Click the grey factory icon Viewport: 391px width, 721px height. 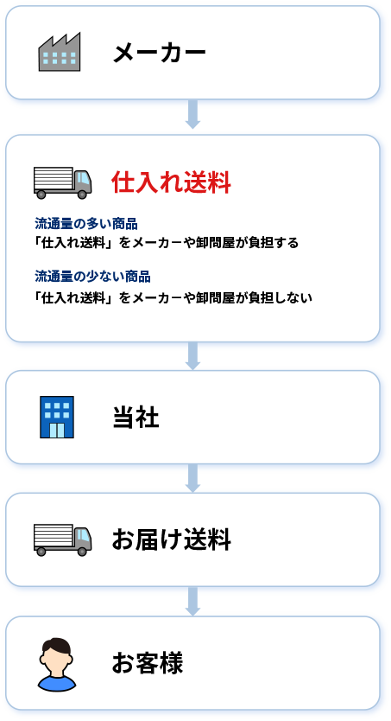tap(60, 52)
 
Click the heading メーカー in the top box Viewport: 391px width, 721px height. tap(159, 53)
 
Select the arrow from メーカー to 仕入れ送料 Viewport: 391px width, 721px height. tap(192, 114)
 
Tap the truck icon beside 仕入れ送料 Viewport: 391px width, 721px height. tap(62, 182)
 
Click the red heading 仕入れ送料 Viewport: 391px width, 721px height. tap(171, 183)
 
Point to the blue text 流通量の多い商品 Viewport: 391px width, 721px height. tap(86, 224)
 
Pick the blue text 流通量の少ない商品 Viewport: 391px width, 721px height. tap(92, 277)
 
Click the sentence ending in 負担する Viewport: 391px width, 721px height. tap(167, 242)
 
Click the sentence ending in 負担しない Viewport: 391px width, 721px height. tap(173, 297)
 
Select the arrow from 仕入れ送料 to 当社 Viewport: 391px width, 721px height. tap(192, 356)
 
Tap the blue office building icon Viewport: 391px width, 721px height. tap(57, 417)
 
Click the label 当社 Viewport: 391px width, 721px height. tap(136, 418)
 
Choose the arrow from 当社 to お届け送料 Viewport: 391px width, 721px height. tap(192, 478)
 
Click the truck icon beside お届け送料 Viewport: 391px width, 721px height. tap(62, 539)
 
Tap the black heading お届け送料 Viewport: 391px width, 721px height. tap(171, 539)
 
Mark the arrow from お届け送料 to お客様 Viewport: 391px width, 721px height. tap(192, 602)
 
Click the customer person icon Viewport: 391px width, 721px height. tap(56, 665)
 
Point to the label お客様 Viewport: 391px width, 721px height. tap(148, 663)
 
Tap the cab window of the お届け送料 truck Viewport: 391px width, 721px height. tap(82, 535)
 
